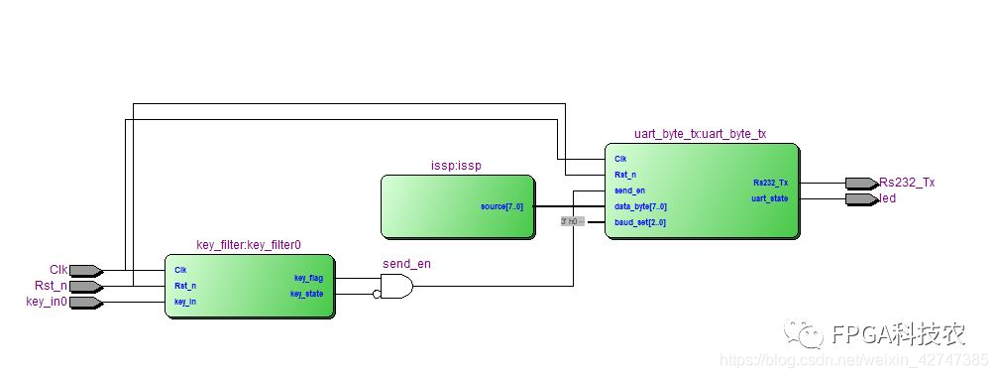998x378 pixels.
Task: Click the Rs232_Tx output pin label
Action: click(x=907, y=183)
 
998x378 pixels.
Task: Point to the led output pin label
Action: click(x=888, y=198)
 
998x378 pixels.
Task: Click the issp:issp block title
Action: click(x=457, y=166)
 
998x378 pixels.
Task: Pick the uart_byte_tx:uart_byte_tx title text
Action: click(x=700, y=134)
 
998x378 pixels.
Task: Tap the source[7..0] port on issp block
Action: click(x=501, y=206)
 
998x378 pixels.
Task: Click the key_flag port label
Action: click(x=308, y=278)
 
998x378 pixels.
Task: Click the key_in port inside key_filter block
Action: click(x=184, y=302)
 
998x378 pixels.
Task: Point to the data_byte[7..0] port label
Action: click(x=640, y=206)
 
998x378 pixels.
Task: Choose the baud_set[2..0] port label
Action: click(x=640, y=222)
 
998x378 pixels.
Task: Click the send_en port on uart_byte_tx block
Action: click(x=629, y=190)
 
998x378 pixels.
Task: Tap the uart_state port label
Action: click(x=769, y=198)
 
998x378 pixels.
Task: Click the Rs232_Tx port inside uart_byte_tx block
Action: click(x=770, y=183)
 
